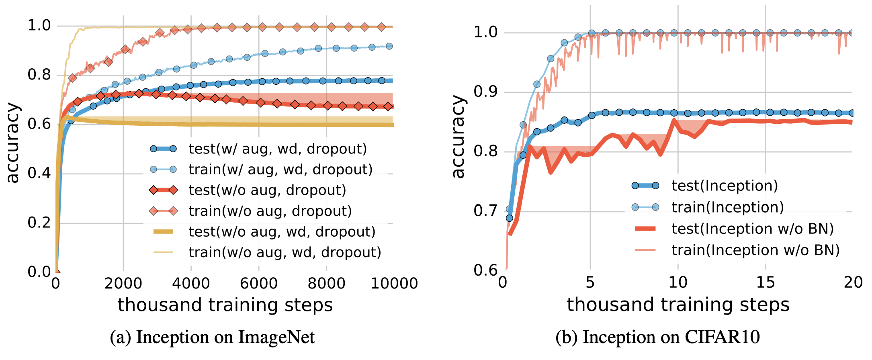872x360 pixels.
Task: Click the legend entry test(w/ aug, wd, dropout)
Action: (x=277, y=149)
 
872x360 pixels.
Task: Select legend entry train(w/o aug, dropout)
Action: (x=270, y=211)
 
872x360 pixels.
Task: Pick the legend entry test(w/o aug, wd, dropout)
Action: (x=282, y=232)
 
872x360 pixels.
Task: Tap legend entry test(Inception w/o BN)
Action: (x=752, y=229)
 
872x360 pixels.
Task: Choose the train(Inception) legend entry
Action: (x=727, y=207)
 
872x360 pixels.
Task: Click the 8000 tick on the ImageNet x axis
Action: (x=326, y=283)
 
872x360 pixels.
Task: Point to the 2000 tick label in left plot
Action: (x=123, y=283)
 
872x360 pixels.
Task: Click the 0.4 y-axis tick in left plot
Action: (x=39, y=174)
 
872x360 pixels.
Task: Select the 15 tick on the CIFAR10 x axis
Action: (x=765, y=282)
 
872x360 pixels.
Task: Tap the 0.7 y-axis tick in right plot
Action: (x=485, y=211)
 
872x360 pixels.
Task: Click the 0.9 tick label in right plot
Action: (x=485, y=92)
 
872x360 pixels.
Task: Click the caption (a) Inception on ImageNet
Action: (x=212, y=337)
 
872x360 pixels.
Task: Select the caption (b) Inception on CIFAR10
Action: (x=657, y=337)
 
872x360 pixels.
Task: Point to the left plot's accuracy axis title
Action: (x=13, y=143)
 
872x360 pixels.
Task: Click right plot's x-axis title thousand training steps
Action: (x=678, y=305)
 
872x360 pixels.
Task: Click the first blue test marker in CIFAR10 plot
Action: (x=510, y=218)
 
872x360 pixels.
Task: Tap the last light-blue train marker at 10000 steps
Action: (x=389, y=46)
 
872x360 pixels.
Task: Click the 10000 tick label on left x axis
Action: (x=394, y=283)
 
